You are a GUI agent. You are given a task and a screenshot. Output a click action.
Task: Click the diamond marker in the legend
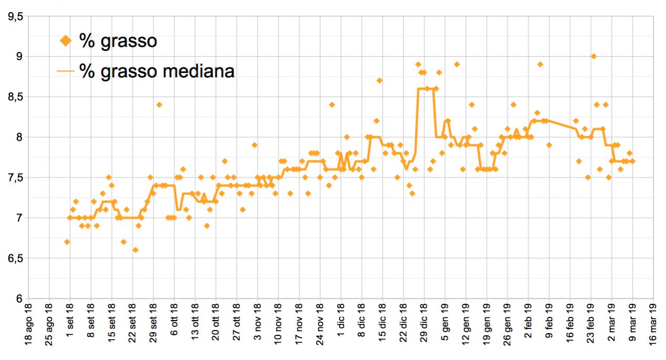coord(66,40)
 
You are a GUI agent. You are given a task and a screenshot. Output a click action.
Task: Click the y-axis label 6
coord(20,299)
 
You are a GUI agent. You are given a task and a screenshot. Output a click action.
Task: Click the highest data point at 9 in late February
coord(594,56)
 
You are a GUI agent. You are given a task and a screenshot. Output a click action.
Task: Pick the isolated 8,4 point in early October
coord(159,105)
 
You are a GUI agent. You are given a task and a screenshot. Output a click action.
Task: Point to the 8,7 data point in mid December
coord(379,80)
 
